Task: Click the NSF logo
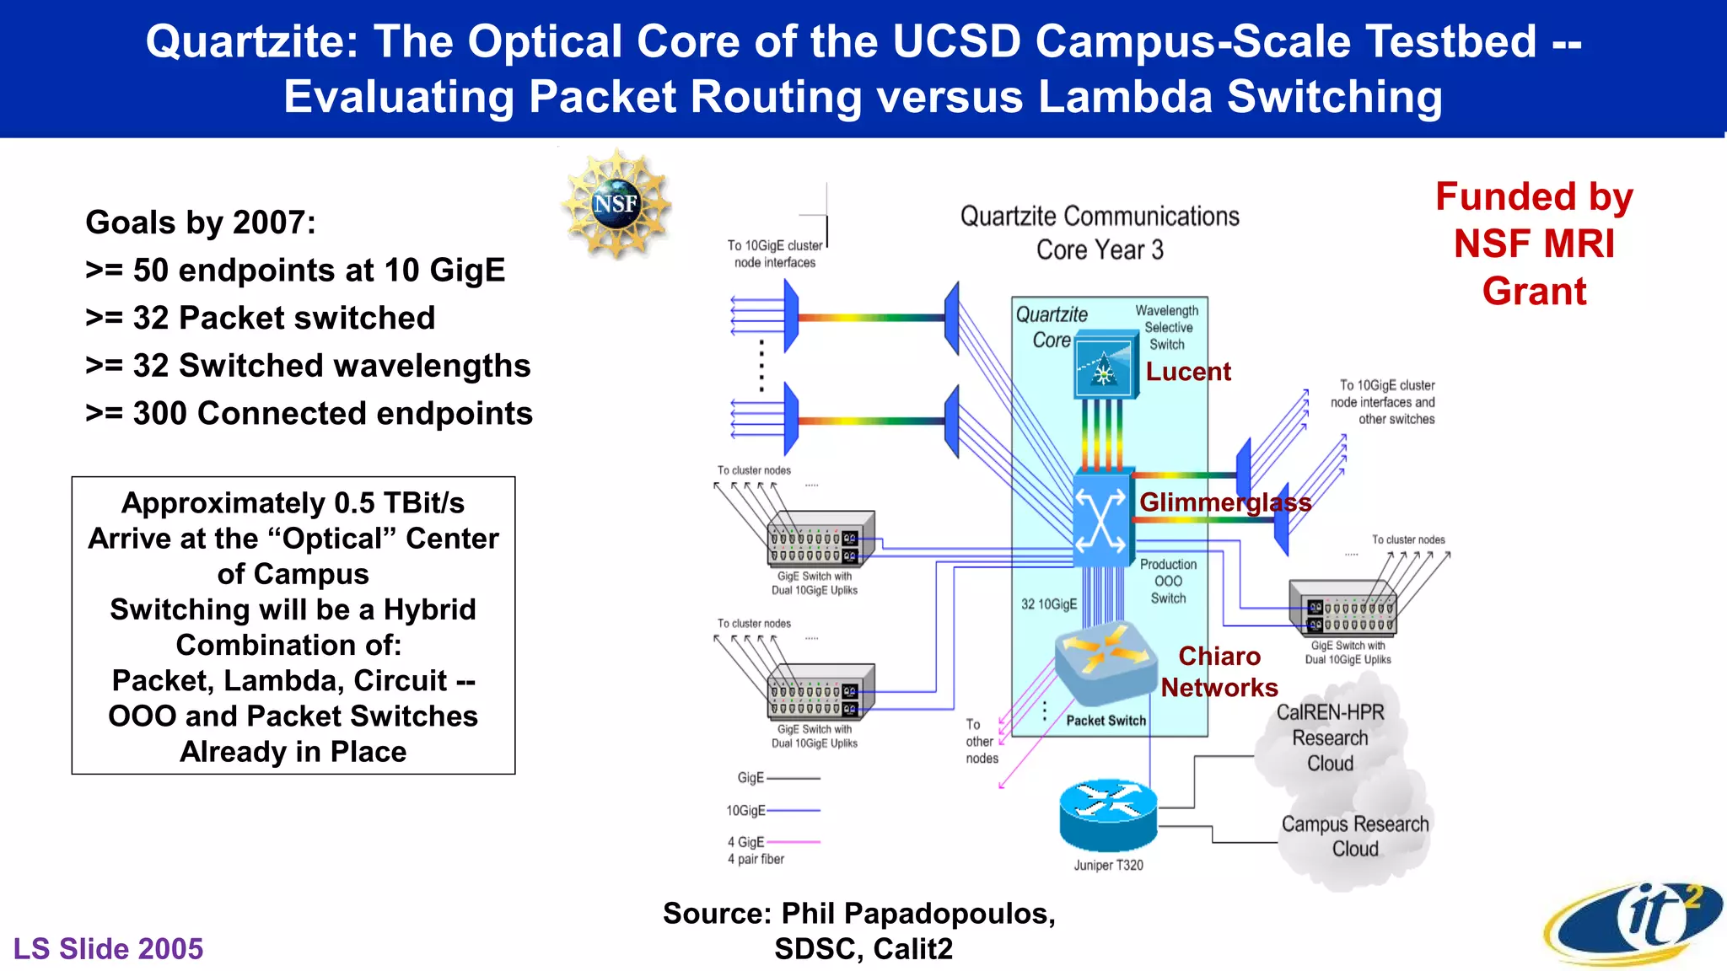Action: pos(616,203)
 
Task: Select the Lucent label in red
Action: pos(1187,372)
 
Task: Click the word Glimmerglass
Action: pos(1224,502)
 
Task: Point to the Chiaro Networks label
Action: pos(1219,672)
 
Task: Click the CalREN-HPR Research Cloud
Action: pos(1330,738)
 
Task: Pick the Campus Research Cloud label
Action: pos(1355,836)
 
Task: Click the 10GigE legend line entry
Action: pos(774,810)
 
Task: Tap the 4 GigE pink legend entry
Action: pos(772,842)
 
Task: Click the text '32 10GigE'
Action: pos(1049,604)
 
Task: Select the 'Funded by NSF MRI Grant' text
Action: pos(1534,244)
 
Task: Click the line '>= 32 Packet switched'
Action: pos(261,318)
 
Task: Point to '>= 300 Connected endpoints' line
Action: pos(309,413)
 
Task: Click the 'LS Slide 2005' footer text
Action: pos(108,948)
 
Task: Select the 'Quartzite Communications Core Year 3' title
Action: pos(1100,233)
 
